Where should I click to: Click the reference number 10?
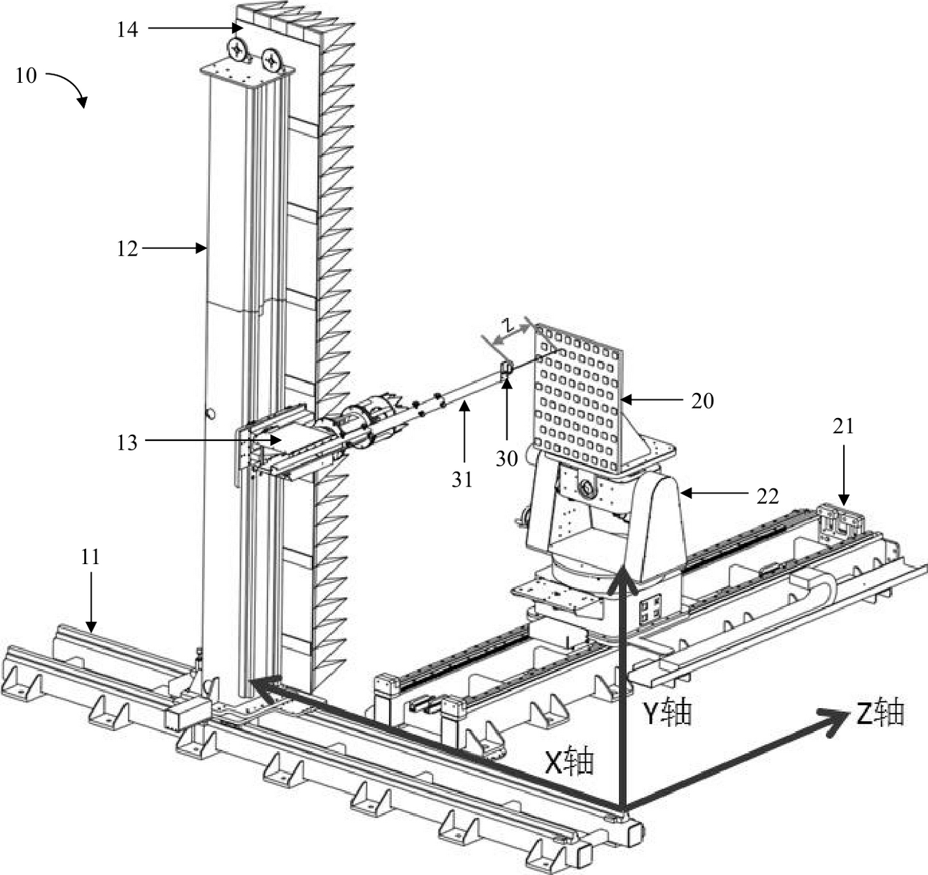(x=26, y=75)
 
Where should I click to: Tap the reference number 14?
(x=127, y=30)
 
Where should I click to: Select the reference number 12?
(x=127, y=249)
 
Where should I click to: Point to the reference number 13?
(x=127, y=442)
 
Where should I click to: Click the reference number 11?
(x=90, y=557)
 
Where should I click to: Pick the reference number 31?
(x=461, y=479)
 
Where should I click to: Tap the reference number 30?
(x=507, y=458)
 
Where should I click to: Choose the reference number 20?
(x=702, y=401)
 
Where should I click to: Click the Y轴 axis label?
(x=668, y=712)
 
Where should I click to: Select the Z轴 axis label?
(x=880, y=712)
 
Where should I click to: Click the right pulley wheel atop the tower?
(x=272, y=59)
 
